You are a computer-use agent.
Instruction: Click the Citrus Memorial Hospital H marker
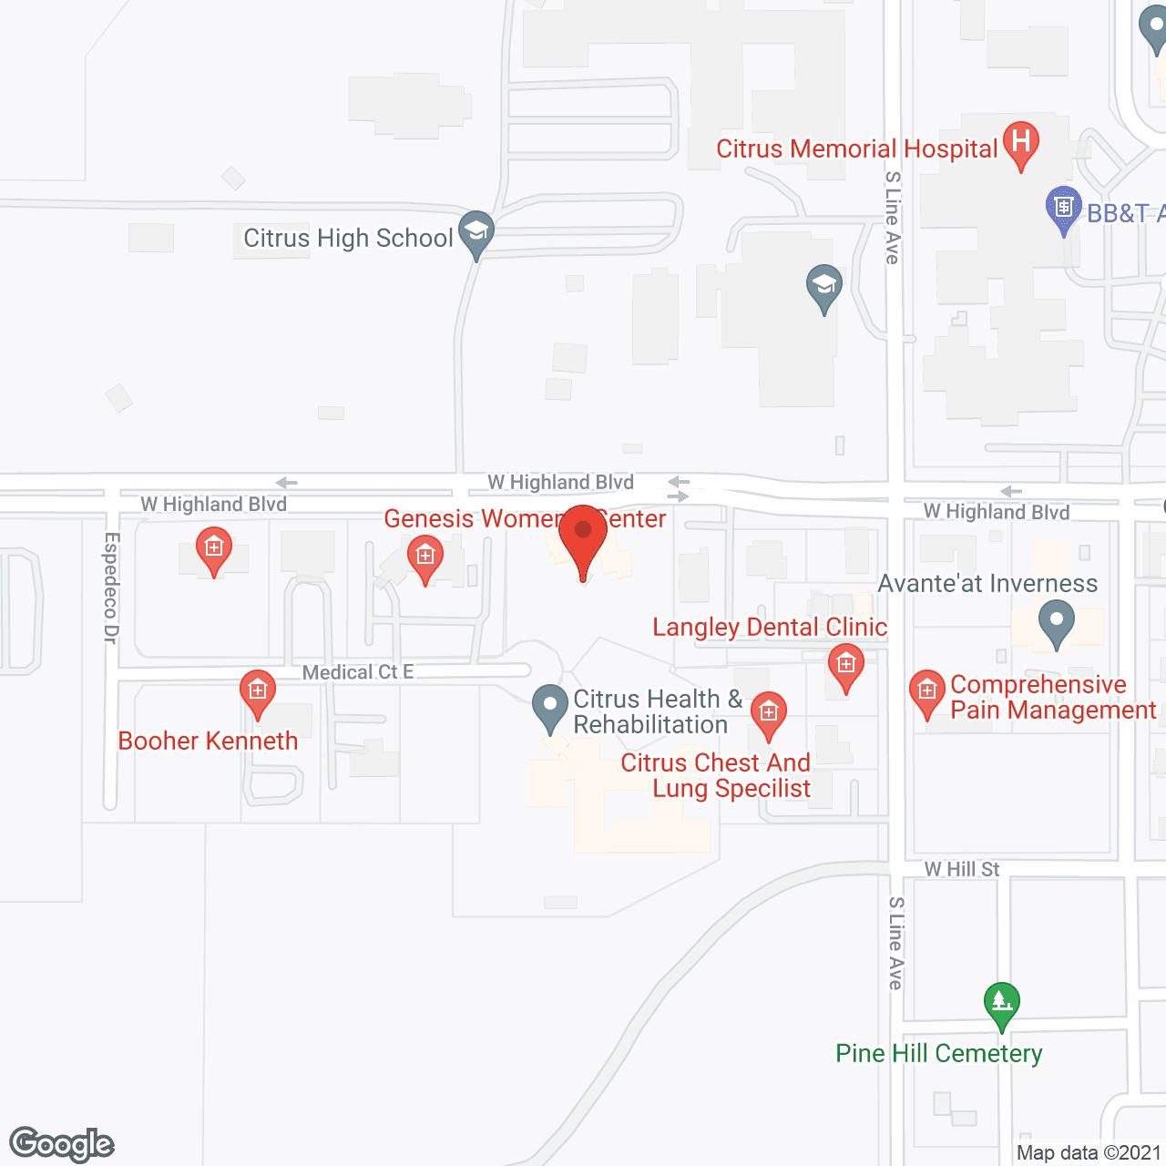tap(1021, 144)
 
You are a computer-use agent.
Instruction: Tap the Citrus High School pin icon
tap(476, 233)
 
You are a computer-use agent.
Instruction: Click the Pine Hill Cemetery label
tap(938, 1054)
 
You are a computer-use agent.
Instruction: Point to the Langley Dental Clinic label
tap(770, 628)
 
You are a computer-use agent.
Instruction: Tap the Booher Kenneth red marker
tap(258, 693)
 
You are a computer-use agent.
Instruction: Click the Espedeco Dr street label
tap(111, 588)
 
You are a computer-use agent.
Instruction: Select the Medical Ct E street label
tap(358, 672)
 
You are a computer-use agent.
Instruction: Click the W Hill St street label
tap(962, 869)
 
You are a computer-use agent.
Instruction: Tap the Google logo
tap(62, 1144)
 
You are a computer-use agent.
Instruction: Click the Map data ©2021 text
tap(1089, 1153)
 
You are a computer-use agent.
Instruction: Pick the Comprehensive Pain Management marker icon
tap(927, 693)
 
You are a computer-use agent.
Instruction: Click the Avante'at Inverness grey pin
tap(1057, 624)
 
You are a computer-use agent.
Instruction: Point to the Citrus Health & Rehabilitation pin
tap(550, 708)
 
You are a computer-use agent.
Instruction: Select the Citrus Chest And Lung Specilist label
tap(716, 775)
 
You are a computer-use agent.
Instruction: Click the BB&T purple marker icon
tap(1063, 209)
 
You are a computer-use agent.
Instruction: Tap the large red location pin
tap(583, 538)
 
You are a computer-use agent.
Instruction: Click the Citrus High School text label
tap(348, 239)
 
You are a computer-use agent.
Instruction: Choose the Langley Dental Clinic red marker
tap(846, 667)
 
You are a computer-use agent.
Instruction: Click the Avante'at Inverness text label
tap(987, 584)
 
